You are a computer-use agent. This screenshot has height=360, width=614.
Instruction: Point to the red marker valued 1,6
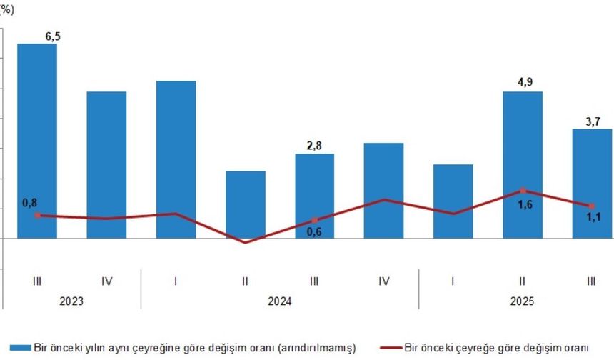tap(523, 190)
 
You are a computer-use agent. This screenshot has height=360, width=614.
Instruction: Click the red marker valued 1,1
tap(593, 206)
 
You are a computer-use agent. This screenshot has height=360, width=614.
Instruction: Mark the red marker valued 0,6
tap(315, 220)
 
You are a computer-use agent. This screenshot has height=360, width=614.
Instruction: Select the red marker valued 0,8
tap(37, 214)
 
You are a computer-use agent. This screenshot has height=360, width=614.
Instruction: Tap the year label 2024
tap(280, 302)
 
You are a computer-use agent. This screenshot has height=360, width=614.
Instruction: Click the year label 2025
tap(523, 302)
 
